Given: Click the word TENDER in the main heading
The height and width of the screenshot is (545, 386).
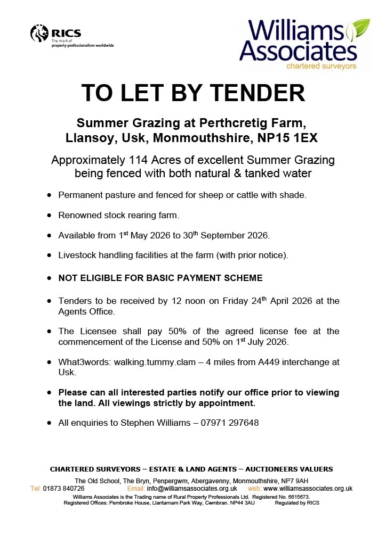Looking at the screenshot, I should click(259, 93).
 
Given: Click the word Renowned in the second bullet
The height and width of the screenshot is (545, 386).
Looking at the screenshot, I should click(77, 216).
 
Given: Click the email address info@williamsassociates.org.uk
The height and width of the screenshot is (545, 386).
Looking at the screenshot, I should click(192, 489).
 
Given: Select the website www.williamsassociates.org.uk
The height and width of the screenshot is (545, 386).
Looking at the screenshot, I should click(308, 489).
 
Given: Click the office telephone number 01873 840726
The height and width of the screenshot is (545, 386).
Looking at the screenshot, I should click(63, 489).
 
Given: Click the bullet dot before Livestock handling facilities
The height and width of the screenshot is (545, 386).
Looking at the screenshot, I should click(49, 255).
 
